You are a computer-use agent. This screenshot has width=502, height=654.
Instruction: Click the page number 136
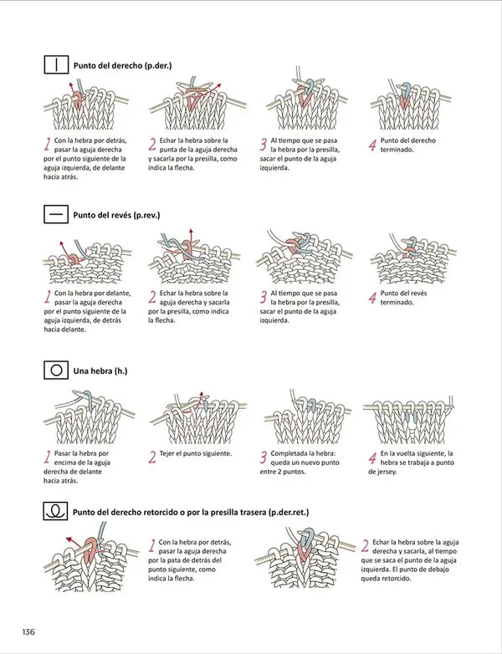tap(28, 630)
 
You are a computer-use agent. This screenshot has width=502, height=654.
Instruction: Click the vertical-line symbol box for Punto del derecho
tap(55, 64)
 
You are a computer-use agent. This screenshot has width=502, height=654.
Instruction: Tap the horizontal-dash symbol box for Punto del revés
tap(55, 215)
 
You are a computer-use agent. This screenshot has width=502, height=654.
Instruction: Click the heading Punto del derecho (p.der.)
tap(122, 64)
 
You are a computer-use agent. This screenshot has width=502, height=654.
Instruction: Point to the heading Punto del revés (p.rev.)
tap(116, 215)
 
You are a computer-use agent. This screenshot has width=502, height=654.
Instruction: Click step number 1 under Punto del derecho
tap(47, 144)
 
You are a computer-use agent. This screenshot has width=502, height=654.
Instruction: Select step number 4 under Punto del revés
tap(372, 298)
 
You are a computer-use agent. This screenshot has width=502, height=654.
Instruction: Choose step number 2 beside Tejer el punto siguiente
tap(152, 457)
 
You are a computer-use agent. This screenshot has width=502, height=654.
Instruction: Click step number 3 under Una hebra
tap(263, 457)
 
